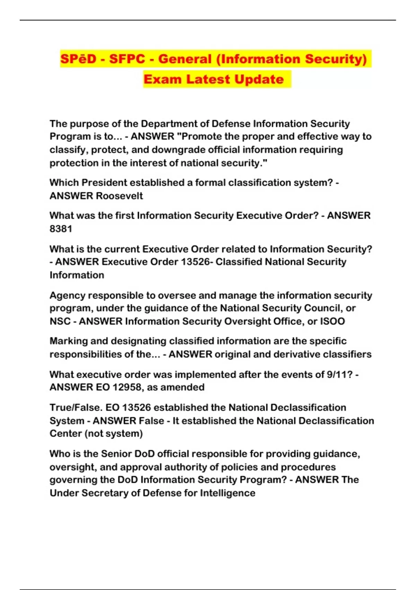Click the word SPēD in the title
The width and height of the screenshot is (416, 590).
click(x=78, y=59)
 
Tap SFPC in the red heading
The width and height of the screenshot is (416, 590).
click(x=127, y=59)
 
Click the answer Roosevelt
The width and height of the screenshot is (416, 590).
click(x=120, y=196)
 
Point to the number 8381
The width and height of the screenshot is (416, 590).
click(x=61, y=229)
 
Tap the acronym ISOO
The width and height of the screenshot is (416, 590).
click(x=332, y=321)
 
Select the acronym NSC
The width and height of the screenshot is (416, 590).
click(x=60, y=321)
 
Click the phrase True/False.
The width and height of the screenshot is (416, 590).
click(x=76, y=407)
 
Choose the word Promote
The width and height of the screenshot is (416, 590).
click(x=201, y=136)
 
